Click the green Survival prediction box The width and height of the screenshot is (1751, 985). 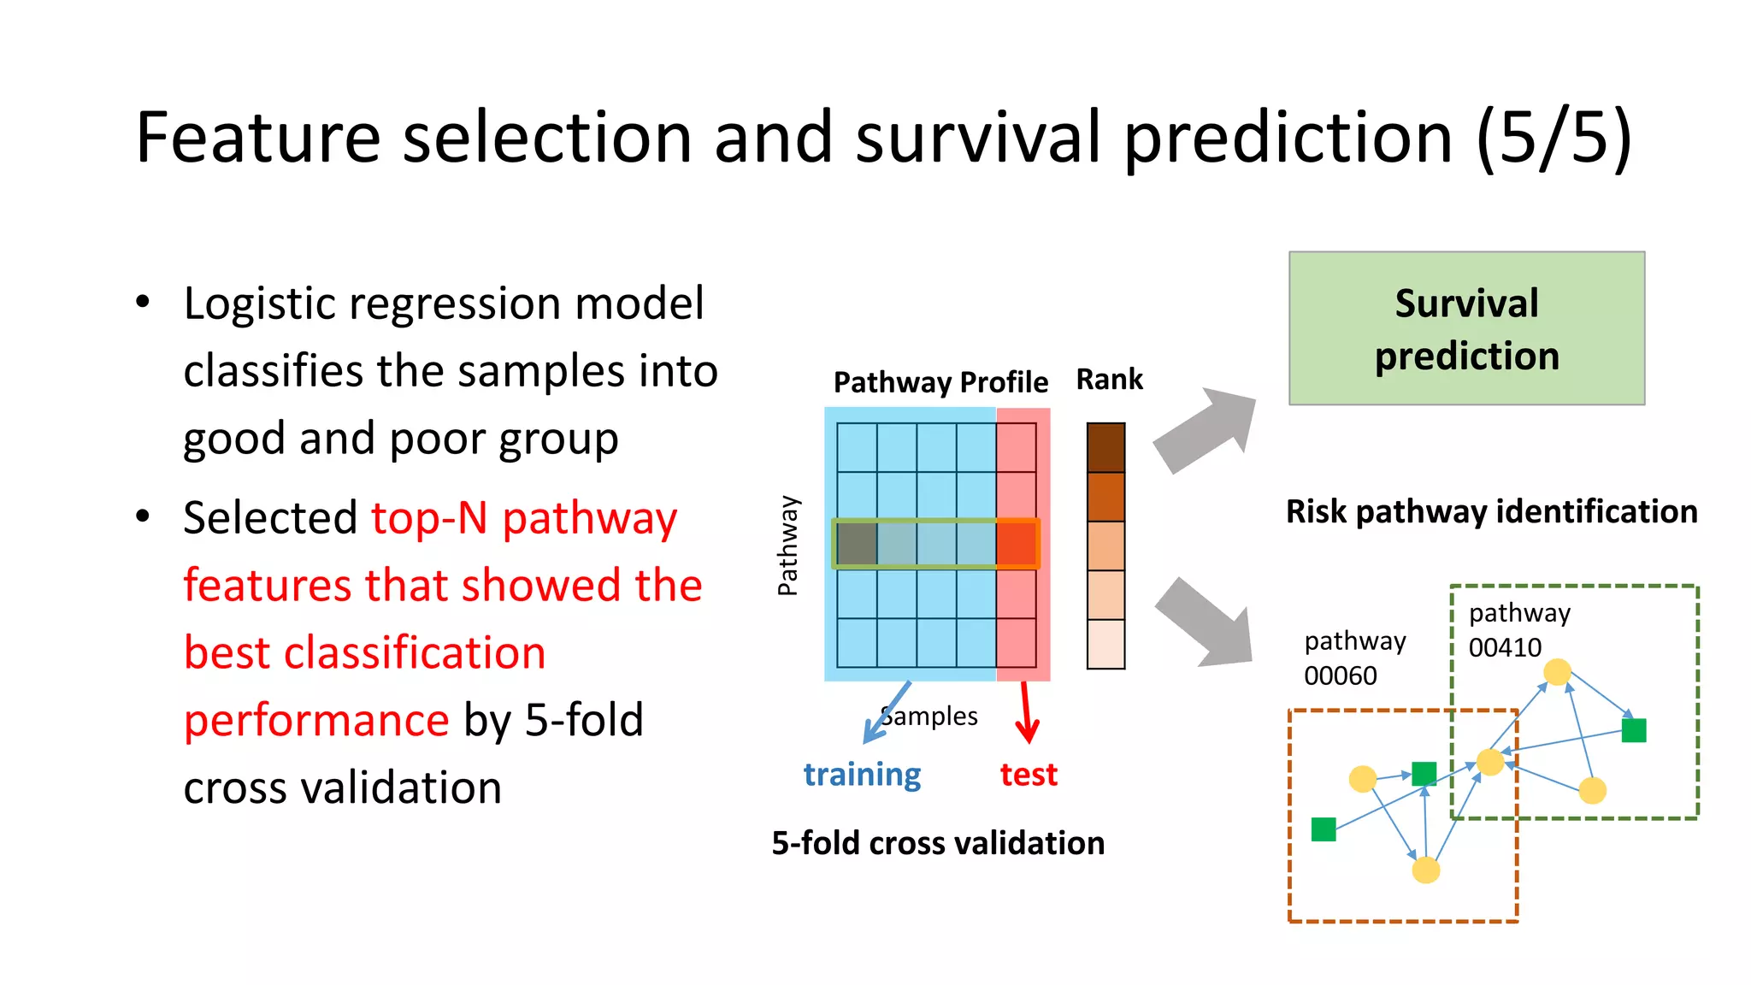(1466, 328)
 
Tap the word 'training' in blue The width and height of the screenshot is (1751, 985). (862, 775)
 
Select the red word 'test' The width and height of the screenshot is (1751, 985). (1029, 775)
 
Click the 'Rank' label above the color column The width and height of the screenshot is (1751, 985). (1109, 379)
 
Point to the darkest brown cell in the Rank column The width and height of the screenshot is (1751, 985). (1105, 447)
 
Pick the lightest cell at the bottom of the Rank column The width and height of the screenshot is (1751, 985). (1105, 644)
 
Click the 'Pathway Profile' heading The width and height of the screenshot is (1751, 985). (940, 382)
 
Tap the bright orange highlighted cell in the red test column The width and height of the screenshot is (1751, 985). (1017, 544)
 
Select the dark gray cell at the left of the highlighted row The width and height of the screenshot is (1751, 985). (857, 544)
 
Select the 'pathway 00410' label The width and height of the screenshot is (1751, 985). (1518, 630)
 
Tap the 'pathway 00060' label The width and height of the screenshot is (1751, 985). (1354, 658)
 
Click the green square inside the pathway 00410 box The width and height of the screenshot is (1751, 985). (1633, 730)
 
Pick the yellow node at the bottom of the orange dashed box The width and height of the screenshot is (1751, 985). (1425, 870)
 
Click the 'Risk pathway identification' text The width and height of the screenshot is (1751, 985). (1491, 511)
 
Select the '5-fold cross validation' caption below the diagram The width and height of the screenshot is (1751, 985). (938, 843)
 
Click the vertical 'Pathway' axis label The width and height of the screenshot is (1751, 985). (787, 546)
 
